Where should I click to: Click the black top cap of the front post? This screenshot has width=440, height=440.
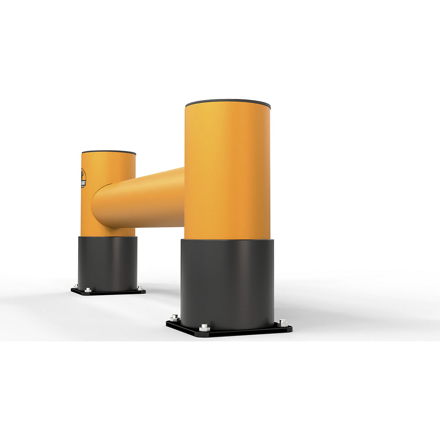[228, 102]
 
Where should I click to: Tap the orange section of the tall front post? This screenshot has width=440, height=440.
[227, 169]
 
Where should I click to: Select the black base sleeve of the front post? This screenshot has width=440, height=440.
[227, 282]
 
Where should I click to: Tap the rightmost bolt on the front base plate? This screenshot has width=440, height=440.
[282, 323]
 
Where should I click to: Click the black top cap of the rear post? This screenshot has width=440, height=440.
[109, 152]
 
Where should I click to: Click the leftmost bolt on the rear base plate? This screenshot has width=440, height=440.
[76, 286]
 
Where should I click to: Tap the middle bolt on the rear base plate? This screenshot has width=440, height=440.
[88, 290]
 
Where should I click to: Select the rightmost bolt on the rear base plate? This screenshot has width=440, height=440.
[140, 288]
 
